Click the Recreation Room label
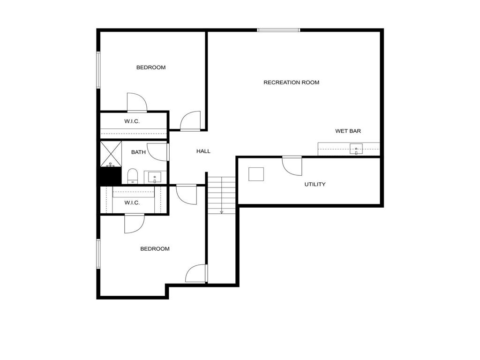pyautogui.click(x=291, y=82)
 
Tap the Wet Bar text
pyautogui.click(x=348, y=131)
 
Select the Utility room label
pyautogui.click(x=315, y=184)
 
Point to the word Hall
pyautogui.click(x=203, y=151)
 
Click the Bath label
pyautogui.click(x=138, y=152)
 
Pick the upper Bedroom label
pyautogui.click(x=151, y=67)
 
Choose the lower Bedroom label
pyautogui.click(x=155, y=249)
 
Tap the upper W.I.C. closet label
pyautogui.click(x=132, y=121)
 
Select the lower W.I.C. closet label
pyautogui.click(x=132, y=202)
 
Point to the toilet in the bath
pyautogui.click(x=132, y=176)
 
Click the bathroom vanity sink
pyautogui.click(x=154, y=177)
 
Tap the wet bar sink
pyautogui.click(x=356, y=150)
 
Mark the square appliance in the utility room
pyautogui.click(x=256, y=174)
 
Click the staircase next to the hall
pyautogui.click(x=222, y=194)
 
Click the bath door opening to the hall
pyautogui.click(x=159, y=152)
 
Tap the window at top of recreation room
pyautogui.click(x=278, y=30)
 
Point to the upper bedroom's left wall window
pyautogui.click(x=98, y=70)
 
